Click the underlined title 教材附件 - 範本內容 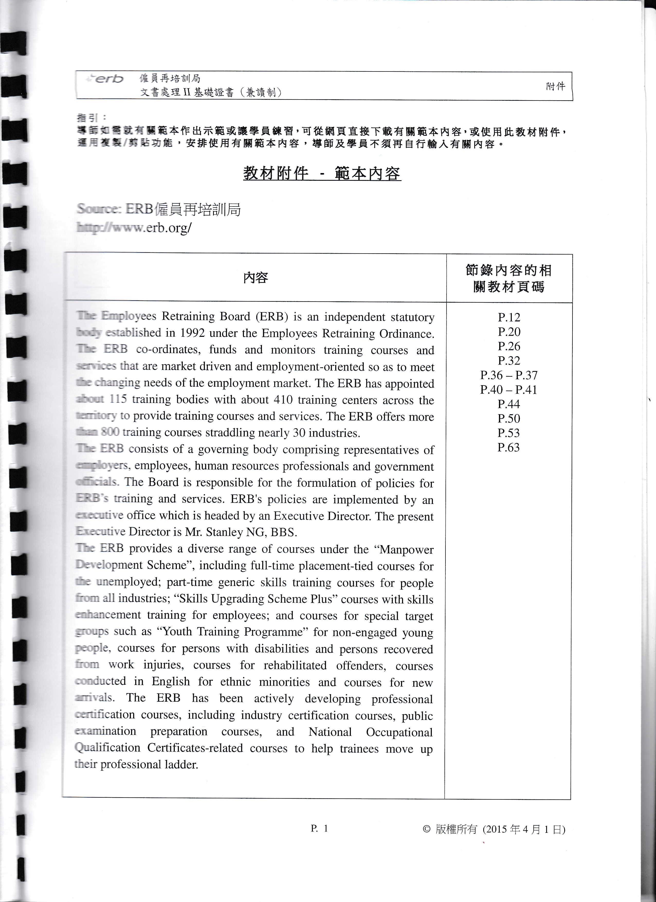[x=322, y=173]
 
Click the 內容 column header [x=256, y=277]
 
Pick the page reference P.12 [x=509, y=317]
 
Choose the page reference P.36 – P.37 [x=509, y=375]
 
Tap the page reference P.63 [x=508, y=447]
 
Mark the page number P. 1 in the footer [x=319, y=828]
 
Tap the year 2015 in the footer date [x=497, y=829]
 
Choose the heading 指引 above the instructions [x=87, y=118]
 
